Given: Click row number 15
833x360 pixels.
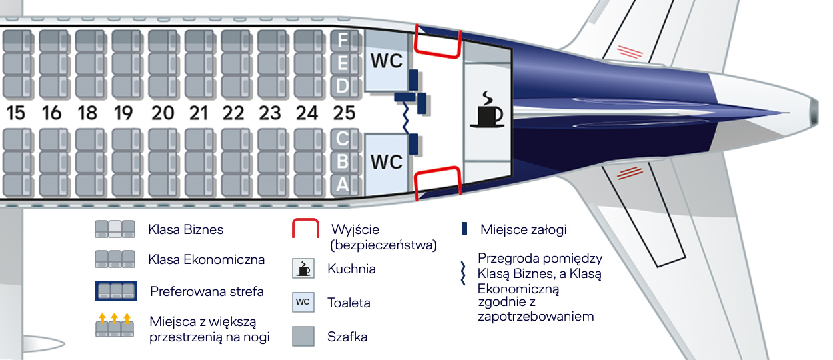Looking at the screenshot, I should coord(15,113).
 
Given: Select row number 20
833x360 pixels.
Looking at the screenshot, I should coord(162,113).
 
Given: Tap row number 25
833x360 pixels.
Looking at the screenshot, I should coord(343,113).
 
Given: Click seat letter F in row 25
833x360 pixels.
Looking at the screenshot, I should coord(343,40).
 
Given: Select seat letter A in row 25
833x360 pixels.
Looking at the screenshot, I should coord(343,185).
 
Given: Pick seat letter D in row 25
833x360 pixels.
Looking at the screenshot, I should coord(343,85).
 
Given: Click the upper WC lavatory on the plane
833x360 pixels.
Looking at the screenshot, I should coord(386,61).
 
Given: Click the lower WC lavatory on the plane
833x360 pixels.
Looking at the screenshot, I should coord(386,162).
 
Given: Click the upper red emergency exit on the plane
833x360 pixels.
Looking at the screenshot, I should coord(438,41).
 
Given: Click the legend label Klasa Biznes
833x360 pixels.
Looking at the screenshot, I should coord(186,230).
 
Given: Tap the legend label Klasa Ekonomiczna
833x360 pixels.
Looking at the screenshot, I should coord(207,259).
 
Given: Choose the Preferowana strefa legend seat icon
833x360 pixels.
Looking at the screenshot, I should coord(115,291).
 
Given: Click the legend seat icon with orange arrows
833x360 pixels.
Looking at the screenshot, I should coord(115,326).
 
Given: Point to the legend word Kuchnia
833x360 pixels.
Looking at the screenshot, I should coord(351,269).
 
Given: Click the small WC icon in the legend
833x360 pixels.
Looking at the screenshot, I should coord(303,302).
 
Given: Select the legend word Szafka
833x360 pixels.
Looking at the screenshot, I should coord(347,337).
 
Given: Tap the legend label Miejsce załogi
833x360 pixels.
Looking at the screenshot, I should coord(523,230).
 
